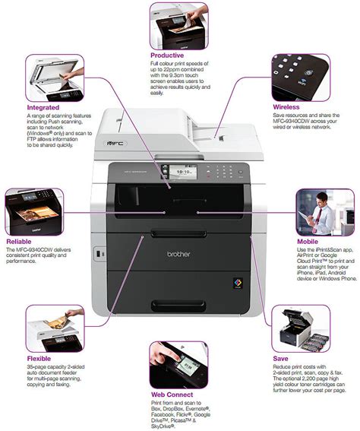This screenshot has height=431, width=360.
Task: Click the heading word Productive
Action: pyautogui.click(x=167, y=55)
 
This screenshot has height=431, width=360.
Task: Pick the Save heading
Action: pyautogui.click(x=280, y=357)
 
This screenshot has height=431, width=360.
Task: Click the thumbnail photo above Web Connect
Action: pyautogui.click(x=178, y=365)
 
